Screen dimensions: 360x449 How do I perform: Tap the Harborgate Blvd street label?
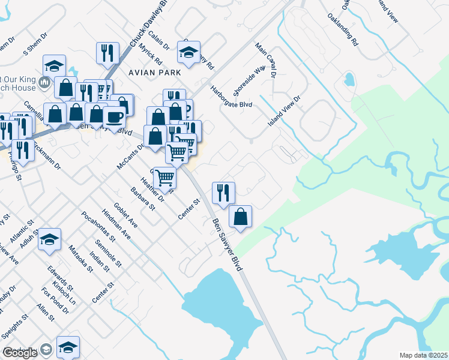(231, 96)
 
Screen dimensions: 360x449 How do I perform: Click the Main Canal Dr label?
(264, 60)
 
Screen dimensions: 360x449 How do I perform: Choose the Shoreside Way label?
(249, 81)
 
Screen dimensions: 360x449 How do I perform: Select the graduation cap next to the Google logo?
(68, 347)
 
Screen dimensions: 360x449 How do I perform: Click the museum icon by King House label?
(44, 82)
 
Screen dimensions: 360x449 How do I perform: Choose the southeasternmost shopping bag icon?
(240, 217)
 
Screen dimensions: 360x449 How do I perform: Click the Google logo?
(20, 352)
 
